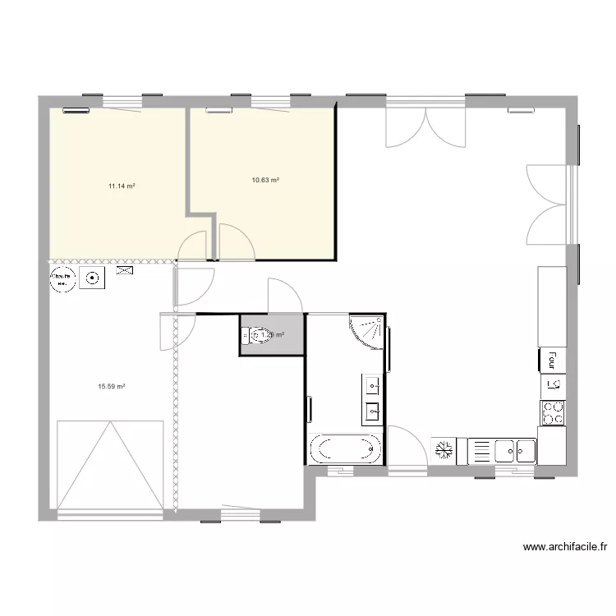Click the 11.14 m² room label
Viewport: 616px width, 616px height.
point(122,186)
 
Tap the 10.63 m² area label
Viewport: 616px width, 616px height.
point(265,180)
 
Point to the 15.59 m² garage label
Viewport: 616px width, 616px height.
point(111,386)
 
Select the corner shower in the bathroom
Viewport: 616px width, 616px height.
point(367,330)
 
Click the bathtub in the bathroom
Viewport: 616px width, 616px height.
point(346,449)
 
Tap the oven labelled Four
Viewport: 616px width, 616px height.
point(553,359)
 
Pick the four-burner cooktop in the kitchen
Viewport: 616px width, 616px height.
point(553,412)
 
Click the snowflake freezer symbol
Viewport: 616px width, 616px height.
point(444,450)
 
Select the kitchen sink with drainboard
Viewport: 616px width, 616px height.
point(502,451)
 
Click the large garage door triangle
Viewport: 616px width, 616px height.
point(110,465)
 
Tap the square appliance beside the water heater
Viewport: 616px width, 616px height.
point(92,279)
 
